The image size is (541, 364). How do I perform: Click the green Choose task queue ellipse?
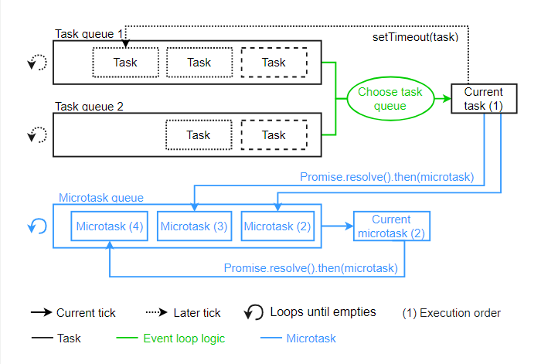pos(390,98)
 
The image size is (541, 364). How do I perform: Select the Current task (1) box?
pos(484,98)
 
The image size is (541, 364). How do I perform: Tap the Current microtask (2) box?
pos(391,226)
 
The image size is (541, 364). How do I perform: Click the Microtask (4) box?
pos(109,226)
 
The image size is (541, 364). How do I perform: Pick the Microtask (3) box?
pos(194,226)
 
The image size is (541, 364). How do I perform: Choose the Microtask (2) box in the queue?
pos(277,226)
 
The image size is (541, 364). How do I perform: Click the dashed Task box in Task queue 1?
pos(274,63)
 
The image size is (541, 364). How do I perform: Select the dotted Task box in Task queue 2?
pos(199,135)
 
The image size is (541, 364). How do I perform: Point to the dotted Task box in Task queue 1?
pos(125,63)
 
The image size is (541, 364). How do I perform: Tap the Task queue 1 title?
pos(90,35)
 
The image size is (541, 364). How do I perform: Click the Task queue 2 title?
pos(90,107)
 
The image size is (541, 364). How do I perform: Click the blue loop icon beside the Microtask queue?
pos(37,226)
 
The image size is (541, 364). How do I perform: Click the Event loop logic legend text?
pos(183,338)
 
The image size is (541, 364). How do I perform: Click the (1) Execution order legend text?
pos(451,313)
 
